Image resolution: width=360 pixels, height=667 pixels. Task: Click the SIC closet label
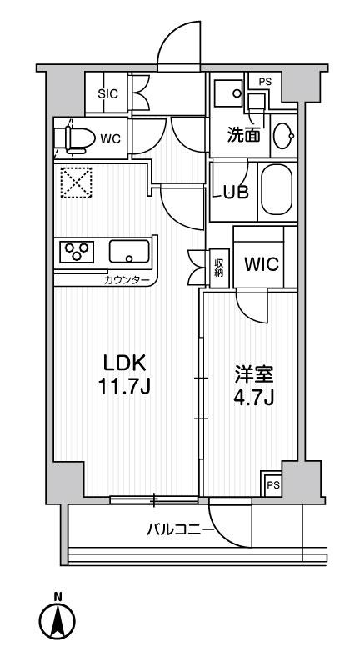pyautogui.click(x=107, y=94)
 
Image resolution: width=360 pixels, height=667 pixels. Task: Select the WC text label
pyautogui.click(x=111, y=138)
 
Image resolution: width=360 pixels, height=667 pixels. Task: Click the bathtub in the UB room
pyautogui.click(x=277, y=190)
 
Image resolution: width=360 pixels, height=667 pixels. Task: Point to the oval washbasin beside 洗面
pyautogui.click(x=283, y=136)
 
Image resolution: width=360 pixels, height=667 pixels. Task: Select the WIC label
pyautogui.click(x=261, y=264)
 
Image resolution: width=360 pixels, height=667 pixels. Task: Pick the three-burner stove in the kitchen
pyautogui.click(x=77, y=252)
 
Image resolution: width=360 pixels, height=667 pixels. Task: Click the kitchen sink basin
pyautogui.click(x=129, y=252)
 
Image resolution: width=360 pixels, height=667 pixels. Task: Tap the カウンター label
pyautogui.click(x=126, y=280)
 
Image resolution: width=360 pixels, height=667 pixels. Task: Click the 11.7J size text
pyautogui.click(x=124, y=387)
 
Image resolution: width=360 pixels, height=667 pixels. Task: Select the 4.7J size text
pyautogui.click(x=253, y=399)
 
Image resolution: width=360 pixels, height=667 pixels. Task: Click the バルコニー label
pyautogui.click(x=180, y=530)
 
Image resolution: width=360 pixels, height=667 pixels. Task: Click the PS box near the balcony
pyautogui.click(x=273, y=484)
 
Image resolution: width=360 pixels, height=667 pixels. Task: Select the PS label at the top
pyautogui.click(x=265, y=83)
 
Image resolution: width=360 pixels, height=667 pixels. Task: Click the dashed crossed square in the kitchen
pyautogui.click(x=77, y=182)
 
